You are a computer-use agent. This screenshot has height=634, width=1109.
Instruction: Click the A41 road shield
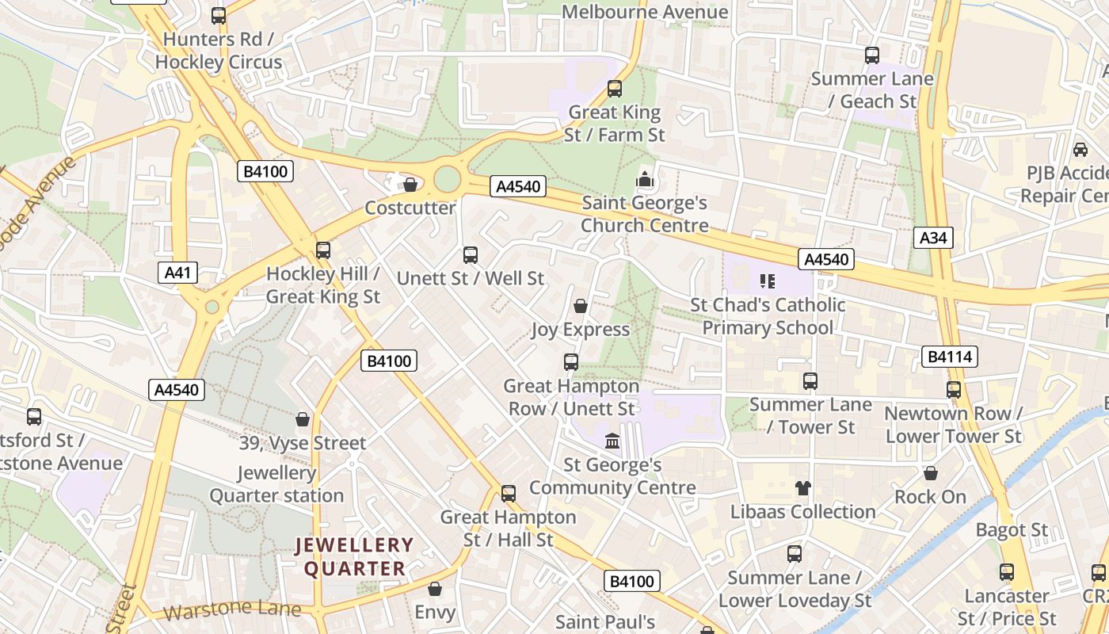[x=177, y=273]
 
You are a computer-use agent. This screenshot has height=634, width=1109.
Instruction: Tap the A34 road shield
[x=932, y=238]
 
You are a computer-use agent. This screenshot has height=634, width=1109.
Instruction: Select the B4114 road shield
[x=950, y=357]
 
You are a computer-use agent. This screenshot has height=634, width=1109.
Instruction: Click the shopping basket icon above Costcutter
[x=410, y=185]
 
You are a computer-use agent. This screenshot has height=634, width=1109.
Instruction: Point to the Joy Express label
[x=581, y=329]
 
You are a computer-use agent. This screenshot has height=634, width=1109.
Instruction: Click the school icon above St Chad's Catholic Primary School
[x=766, y=281]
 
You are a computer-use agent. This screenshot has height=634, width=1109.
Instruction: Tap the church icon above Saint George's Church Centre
[x=645, y=179]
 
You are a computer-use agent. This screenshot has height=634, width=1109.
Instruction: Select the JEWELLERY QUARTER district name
[x=355, y=556]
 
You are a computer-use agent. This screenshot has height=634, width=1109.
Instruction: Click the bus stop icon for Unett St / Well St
[x=471, y=254]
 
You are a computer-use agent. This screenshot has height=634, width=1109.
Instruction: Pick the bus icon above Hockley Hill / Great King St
[x=322, y=250]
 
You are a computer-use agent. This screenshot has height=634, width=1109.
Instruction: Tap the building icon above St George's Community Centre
[x=612, y=441]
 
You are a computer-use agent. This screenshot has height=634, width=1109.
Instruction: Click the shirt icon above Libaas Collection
[x=803, y=488]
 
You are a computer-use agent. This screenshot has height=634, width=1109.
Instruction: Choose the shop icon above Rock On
[x=931, y=473]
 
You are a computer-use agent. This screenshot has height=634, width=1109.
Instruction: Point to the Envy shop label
[x=435, y=612]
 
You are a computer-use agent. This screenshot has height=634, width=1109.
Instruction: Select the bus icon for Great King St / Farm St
[x=615, y=89]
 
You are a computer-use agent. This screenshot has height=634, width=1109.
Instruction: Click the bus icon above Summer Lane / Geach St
[x=872, y=55]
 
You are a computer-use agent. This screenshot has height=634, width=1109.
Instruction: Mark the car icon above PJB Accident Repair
[x=1080, y=149]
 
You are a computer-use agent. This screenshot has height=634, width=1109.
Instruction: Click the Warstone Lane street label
[x=232, y=610]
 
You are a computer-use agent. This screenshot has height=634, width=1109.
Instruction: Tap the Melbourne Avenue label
[x=644, y=12]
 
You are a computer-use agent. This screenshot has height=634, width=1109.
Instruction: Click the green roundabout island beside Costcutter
[x=448, y=179]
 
